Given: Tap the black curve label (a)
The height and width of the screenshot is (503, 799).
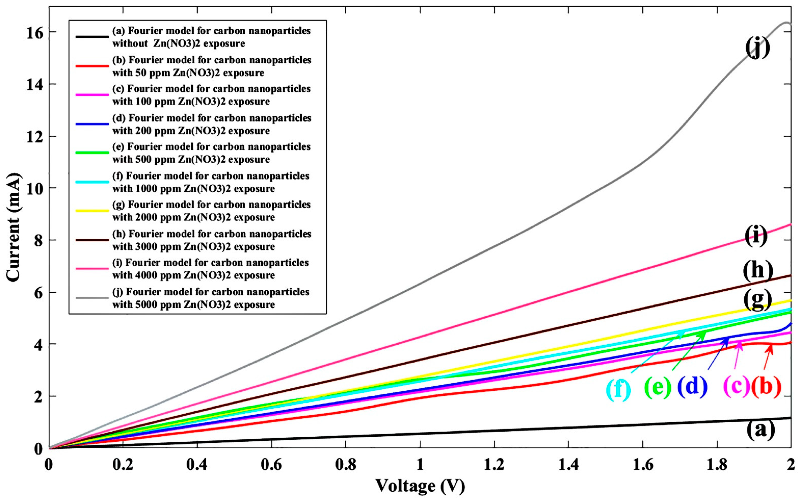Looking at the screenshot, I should (760, 430).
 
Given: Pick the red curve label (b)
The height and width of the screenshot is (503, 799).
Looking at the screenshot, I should (766, 387).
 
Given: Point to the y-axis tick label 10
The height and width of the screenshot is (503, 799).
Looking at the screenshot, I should (35, 188).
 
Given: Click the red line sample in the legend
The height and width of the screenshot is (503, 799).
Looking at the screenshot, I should (92, 66).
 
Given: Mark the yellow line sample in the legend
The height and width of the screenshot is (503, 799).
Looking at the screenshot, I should (92, 211).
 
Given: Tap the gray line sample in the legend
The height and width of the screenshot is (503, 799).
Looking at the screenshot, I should (92, 298).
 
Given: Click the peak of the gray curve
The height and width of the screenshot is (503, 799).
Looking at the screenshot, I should (787, 23).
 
